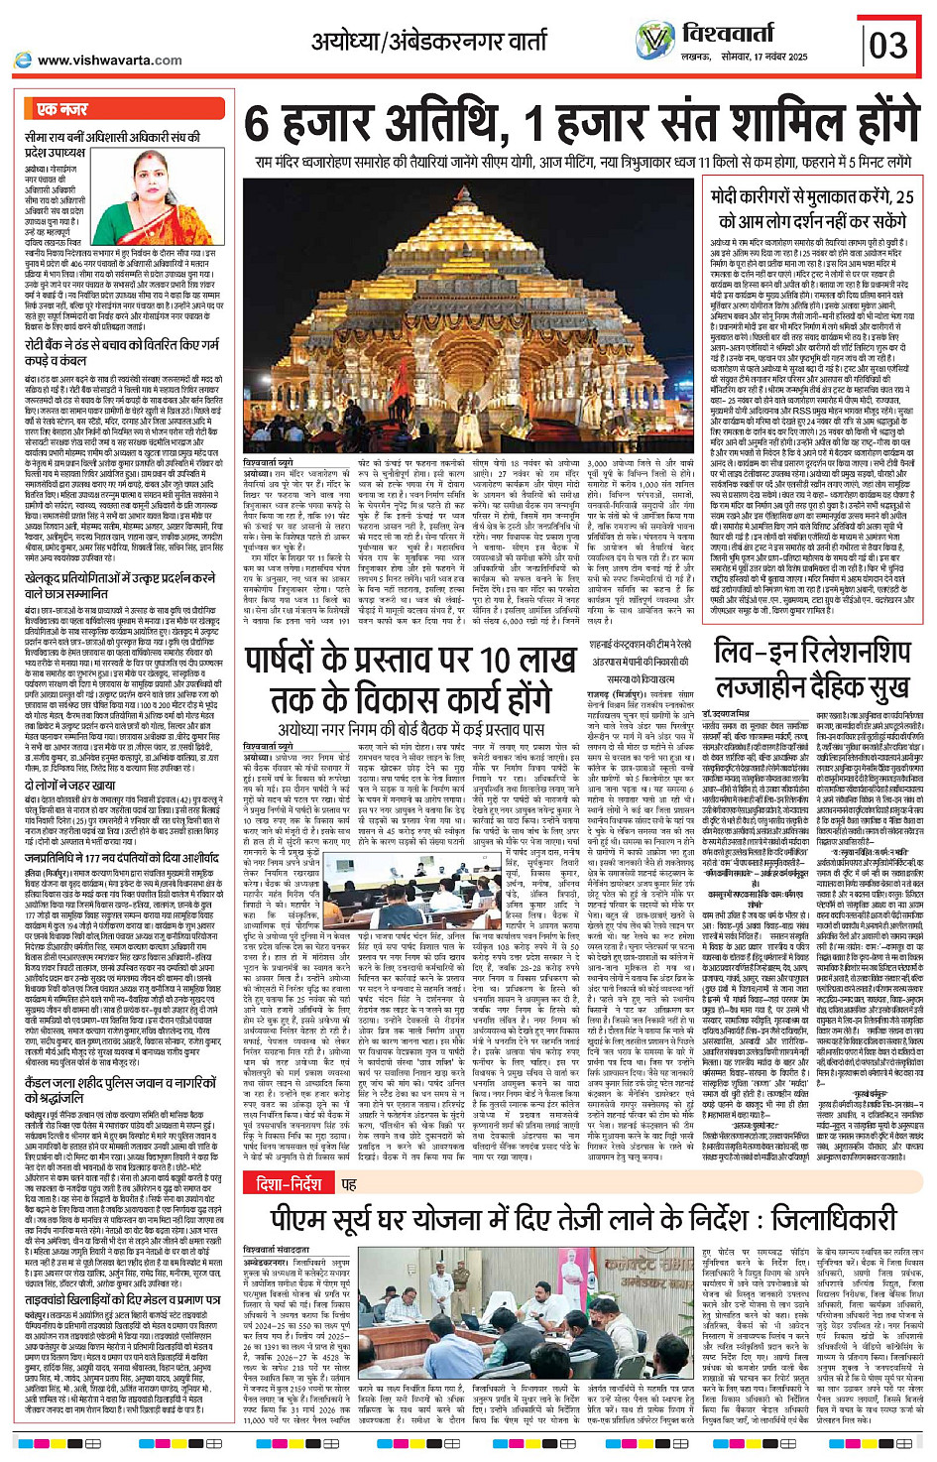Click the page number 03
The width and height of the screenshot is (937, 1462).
pyautogui.click(x=888, y=45)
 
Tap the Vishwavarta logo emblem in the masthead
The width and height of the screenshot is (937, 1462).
pyautogui.click(x=654, y=40)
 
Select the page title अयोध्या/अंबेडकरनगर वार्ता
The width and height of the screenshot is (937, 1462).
pyautogui.click(x=428, y=42)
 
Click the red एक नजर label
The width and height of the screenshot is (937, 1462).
pyautogui.click(x=62, y=109)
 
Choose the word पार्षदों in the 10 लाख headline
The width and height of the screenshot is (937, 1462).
pyautogui.click(x=313, y=660)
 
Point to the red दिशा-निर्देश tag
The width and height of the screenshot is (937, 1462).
pyautogui.click(x=289, y=1183)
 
